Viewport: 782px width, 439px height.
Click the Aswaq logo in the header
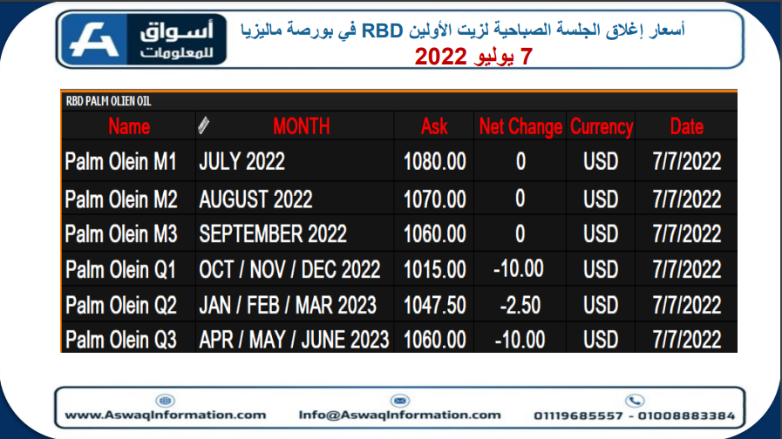[x=141, y=39]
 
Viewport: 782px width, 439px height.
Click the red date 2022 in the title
[x=440, y=57]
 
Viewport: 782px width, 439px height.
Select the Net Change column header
[x=520, y=126]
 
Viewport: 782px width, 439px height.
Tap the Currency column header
[x=602, y=126]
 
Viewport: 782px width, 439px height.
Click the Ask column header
[x=434, y=126]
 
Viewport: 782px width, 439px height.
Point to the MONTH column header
[x=302, y=126]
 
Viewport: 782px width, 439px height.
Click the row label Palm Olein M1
[x=120, y=161]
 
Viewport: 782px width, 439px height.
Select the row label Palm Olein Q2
[x=121, y=305]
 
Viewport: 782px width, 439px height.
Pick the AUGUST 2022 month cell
[x=255, y=199]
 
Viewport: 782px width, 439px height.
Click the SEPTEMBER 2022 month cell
[x=273, y=233]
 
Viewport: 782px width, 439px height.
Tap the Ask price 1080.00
[x=434, y=161]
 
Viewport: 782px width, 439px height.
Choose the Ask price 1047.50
[x=434, y=305]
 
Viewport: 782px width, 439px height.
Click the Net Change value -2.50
[x=520, y=305]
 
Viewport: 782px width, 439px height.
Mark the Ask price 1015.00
[x=434, y=269]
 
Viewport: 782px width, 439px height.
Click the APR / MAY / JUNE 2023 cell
[x=294, y=340]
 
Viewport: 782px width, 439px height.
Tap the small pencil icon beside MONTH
[x=203, y=125]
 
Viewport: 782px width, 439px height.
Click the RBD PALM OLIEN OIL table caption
[x=108, y=101]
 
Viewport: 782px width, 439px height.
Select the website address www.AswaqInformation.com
[x=166, y=415]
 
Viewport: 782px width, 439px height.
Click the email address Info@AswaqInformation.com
[x=399, y=415]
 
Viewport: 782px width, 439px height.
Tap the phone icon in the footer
[x=635, y=401]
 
